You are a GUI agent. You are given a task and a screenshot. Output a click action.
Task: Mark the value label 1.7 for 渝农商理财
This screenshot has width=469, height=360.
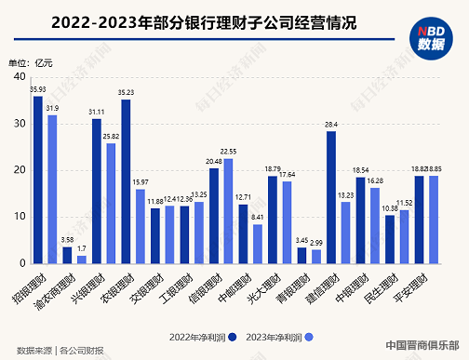tap(82, 248)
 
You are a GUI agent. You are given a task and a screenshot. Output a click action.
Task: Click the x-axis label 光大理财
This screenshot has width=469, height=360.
tap(270, 287)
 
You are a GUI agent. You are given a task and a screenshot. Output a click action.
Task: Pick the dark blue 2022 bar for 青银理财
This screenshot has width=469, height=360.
tap(301, 254)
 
